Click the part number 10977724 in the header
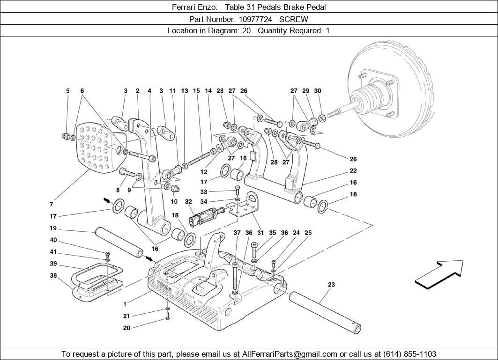click(257, 19)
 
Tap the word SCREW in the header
click(294, 19)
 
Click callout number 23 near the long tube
click(331, 285)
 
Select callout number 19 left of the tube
click(53, 228)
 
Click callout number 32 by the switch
click(188, 202)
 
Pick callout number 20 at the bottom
click(126, 328)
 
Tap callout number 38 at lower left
click(53, 276)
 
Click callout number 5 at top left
click(67, 91)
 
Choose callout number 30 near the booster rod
click(318, 91)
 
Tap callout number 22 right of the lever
click(353, 171)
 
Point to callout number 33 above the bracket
click(203, 192)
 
